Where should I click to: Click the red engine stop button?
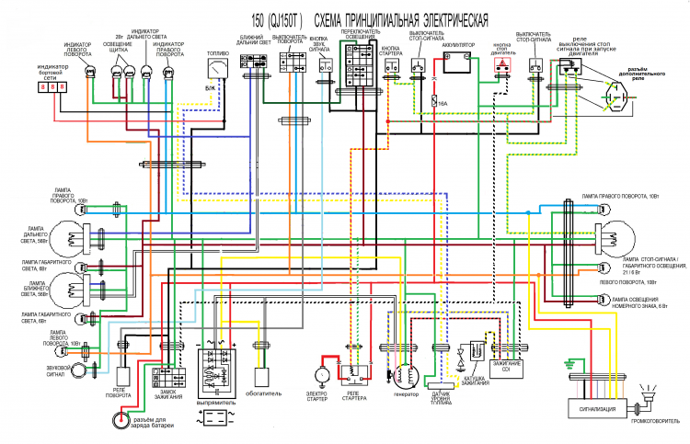click(501, 68)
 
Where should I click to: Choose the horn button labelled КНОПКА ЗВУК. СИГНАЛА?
click(325, 66)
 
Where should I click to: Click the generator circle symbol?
click(406, 375)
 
